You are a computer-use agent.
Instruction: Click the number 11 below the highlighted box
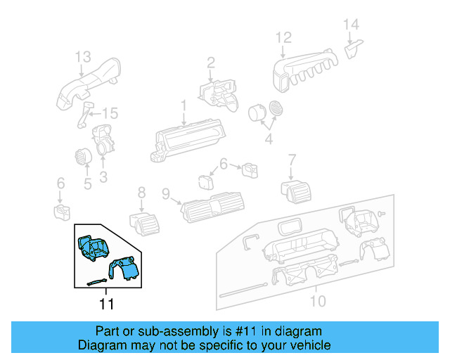(x=106, y=304)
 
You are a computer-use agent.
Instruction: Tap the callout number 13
(x=83, y=56)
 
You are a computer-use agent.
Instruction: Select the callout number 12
(x=283, y=38)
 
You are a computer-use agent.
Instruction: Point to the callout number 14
(x=352, y=25)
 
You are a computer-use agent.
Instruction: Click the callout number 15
(x=110, y=113)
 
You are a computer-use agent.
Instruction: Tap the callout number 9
(x=166, y=193)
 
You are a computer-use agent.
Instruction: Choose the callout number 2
(x=210, y=65)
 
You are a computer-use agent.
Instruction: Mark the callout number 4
(x=268, y=140)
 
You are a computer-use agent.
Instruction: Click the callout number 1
(x=184, y=106)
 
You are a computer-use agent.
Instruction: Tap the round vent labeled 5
(x=82, y=157)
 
